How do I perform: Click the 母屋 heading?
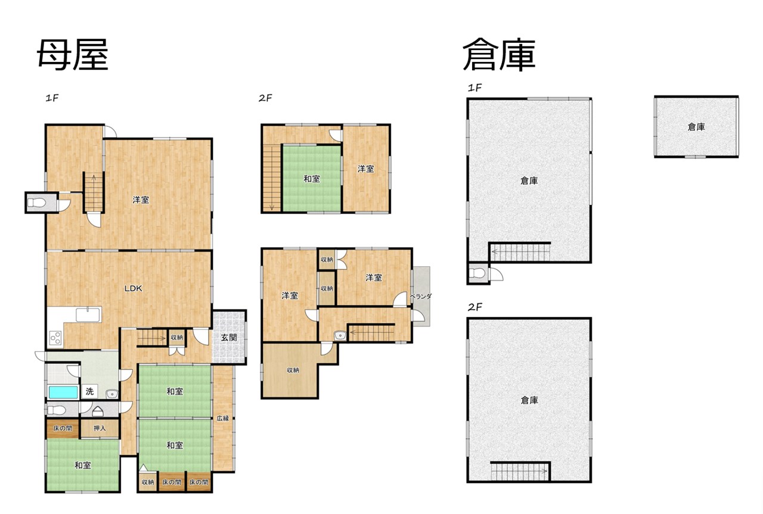[73, 54]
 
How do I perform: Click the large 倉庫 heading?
[499, 54]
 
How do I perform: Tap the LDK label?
[133, 288]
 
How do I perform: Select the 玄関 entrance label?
[228, 337]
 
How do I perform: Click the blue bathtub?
[63, 392]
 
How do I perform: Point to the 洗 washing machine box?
[89, 391]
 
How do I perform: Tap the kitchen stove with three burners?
[55, 338]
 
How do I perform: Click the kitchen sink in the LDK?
[88, 314]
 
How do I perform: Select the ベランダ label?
[421, 297]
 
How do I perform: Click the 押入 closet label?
[100, 428]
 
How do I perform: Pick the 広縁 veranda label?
[223, 418]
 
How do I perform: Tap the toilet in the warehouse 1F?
[477, 273]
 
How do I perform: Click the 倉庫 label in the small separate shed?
[696, 127]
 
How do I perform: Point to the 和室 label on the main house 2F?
[312, 178]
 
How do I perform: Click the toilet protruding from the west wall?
[36, 203]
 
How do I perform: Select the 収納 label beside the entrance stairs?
[177, 337]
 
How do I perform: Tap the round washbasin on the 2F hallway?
[340, 336]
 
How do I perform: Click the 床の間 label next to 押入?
[63, 428]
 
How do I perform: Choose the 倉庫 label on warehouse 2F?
[529, 400]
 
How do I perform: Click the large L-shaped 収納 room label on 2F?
[293, 370]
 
